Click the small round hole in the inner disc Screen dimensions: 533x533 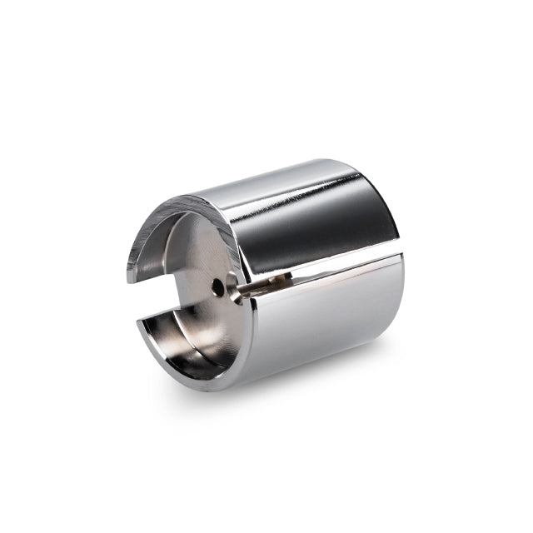217,287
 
